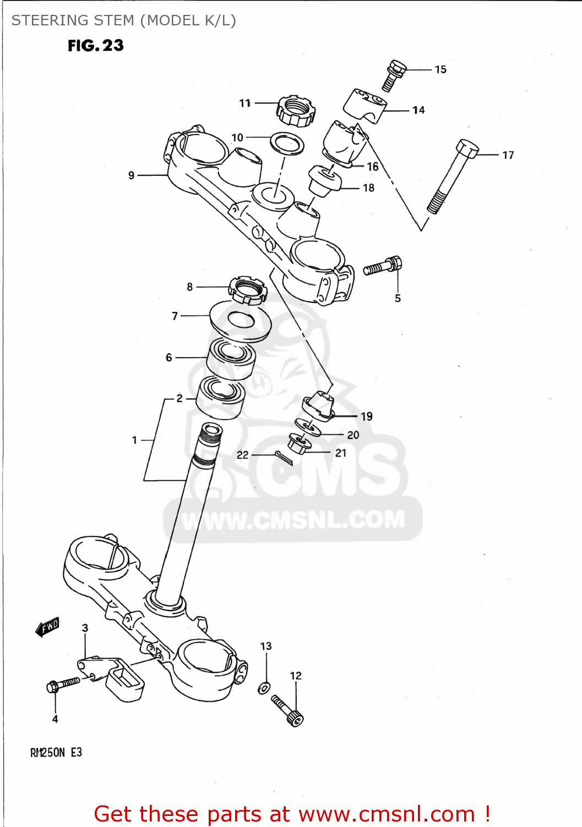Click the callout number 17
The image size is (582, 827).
pos(508,155)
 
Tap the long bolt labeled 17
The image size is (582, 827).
pos(453,177)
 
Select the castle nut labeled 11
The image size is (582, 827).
pos(296,110)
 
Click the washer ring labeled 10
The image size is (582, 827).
pos(287,143)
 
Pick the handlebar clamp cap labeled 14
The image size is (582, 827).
pos(365,105)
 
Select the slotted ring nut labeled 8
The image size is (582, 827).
pos(247,291)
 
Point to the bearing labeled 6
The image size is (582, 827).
pos(231,359)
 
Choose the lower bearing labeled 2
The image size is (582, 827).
pos(221,396)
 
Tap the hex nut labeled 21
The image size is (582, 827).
pos(300,443)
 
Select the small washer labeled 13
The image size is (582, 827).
pos(264,688)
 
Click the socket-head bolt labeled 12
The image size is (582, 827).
pos(288,710)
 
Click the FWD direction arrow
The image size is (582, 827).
pos(47,627)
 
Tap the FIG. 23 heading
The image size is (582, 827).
pos(96,46)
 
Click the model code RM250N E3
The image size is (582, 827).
pos(56,753)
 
